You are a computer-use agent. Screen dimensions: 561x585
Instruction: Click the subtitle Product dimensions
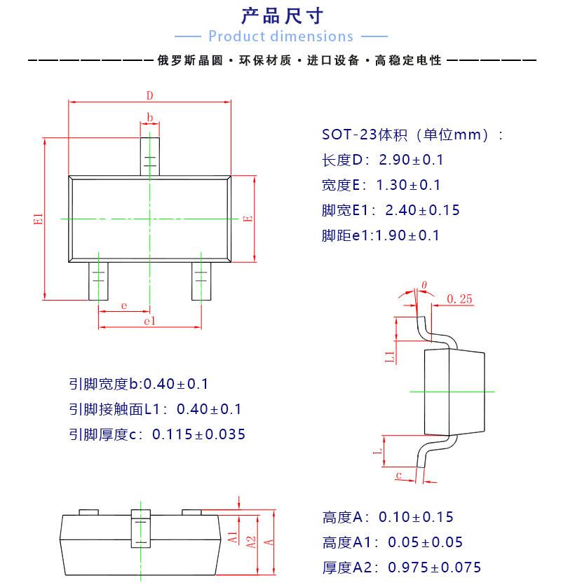[x=280, y=36]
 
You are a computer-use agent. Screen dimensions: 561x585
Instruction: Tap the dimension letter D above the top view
[x=149, y=95]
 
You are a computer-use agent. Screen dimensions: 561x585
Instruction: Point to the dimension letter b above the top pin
[x=149, y=117]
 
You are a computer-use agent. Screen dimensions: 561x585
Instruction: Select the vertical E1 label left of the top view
[x=39, y=219]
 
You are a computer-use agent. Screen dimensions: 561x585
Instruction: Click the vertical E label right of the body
[x=248, y=219]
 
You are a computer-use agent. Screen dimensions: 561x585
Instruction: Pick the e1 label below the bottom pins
[x=149, y=321]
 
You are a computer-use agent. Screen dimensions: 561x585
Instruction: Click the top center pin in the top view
[x=149, y=156]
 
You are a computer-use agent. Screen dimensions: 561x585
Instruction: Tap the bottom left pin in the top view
[x=98, y=280]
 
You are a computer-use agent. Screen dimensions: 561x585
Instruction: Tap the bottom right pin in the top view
[x=201, y=280]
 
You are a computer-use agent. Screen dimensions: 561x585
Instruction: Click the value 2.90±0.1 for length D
[x=412, y=160]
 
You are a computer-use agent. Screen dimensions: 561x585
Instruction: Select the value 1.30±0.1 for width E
[x=409, y=185]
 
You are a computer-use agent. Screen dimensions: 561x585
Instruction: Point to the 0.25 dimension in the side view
[x=459, y=299]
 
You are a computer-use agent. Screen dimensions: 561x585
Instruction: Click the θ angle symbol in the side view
[x=424, y=285]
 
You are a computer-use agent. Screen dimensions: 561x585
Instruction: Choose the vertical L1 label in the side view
[x=391, y=355]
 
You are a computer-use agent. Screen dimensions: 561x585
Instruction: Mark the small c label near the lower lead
[x=398, y=476]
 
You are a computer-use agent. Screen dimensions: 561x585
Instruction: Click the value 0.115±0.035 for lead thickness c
[x=199, y=434]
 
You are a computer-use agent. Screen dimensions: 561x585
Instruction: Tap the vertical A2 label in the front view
[x=250, y=541]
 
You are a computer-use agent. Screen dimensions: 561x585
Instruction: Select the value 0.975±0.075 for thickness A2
[x=435, y=567]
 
